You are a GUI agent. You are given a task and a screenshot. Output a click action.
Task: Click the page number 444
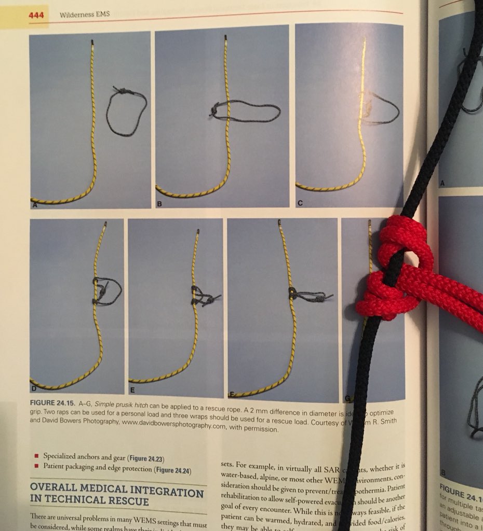click(36, 15)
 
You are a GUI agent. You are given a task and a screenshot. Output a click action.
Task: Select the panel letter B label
click(159, 204)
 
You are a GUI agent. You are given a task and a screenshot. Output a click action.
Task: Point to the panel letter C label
click(300, 203)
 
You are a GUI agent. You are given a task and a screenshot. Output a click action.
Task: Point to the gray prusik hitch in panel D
click(104, 291)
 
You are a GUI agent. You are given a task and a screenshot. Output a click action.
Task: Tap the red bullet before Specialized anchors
click(36, 456)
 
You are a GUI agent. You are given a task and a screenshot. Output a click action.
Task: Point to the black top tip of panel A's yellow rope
click(92, 41)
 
